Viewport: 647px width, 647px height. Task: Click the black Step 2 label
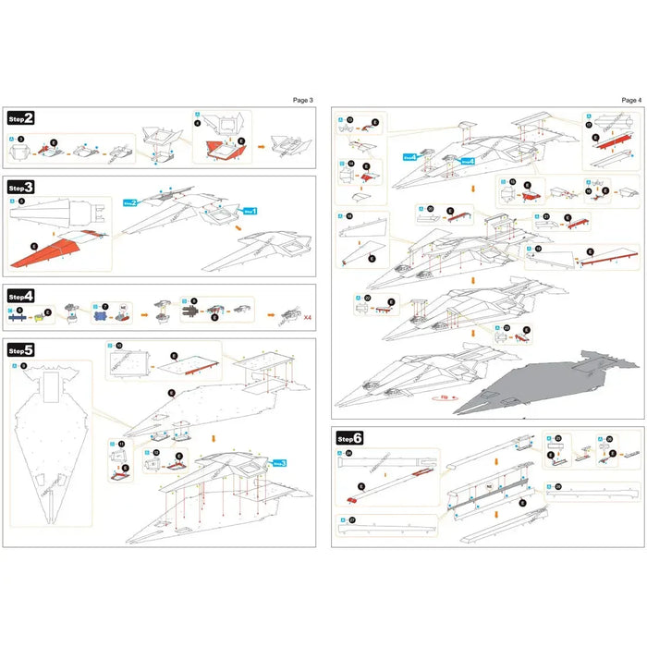pyautogui.click(x=22, y=118)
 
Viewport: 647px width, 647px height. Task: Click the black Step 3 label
pyautogui.click(x=22, y=187)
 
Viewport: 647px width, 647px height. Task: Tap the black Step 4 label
pyautogui.click(x=22, y=296)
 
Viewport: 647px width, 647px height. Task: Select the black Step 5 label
pyautogui.click(x=22, y=350)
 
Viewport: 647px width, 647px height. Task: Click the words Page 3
pyautogui.click(x=302, y=99)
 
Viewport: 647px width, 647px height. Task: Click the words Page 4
pyautogui.click(x=630, y=99)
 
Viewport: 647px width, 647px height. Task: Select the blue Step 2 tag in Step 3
pyautogui.click(x=130, y=202)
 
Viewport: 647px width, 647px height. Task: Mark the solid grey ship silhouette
pyautogui.click(x=545, y=384)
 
